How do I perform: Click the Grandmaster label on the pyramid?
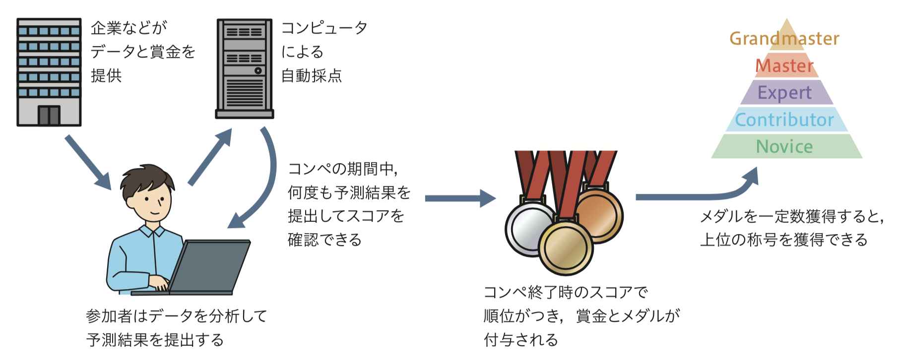(x=784, y=39)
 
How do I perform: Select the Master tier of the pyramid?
(x=785, y=66)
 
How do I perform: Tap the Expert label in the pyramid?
(x=785, y=93)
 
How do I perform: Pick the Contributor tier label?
(x=785, y=120)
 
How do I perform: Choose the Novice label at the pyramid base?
(x=785, y=147)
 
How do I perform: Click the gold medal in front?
(x=566, y=247)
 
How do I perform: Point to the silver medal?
(x=528, y=228)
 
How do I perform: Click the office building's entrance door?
(x=49, y=116)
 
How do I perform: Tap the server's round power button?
(x=258, y=70)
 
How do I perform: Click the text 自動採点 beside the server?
(x=312, y=76)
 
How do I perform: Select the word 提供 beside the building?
(x=106, y=76)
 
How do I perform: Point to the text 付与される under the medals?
(x=521, y=340)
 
